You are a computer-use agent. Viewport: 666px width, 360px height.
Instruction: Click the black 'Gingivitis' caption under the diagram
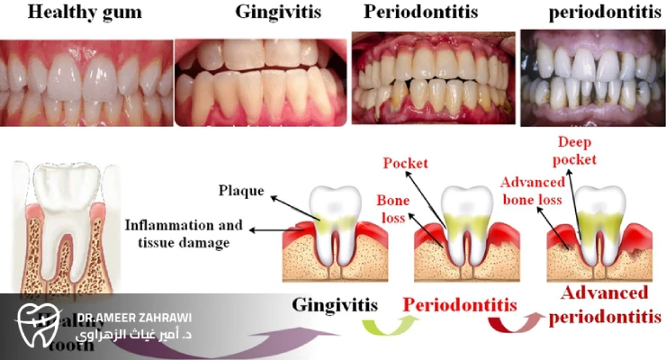pos(334,305)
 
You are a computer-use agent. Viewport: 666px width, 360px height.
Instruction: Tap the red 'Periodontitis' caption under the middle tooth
pos(459,304)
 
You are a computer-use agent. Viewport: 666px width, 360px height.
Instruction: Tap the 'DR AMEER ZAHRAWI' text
pos(134,317)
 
